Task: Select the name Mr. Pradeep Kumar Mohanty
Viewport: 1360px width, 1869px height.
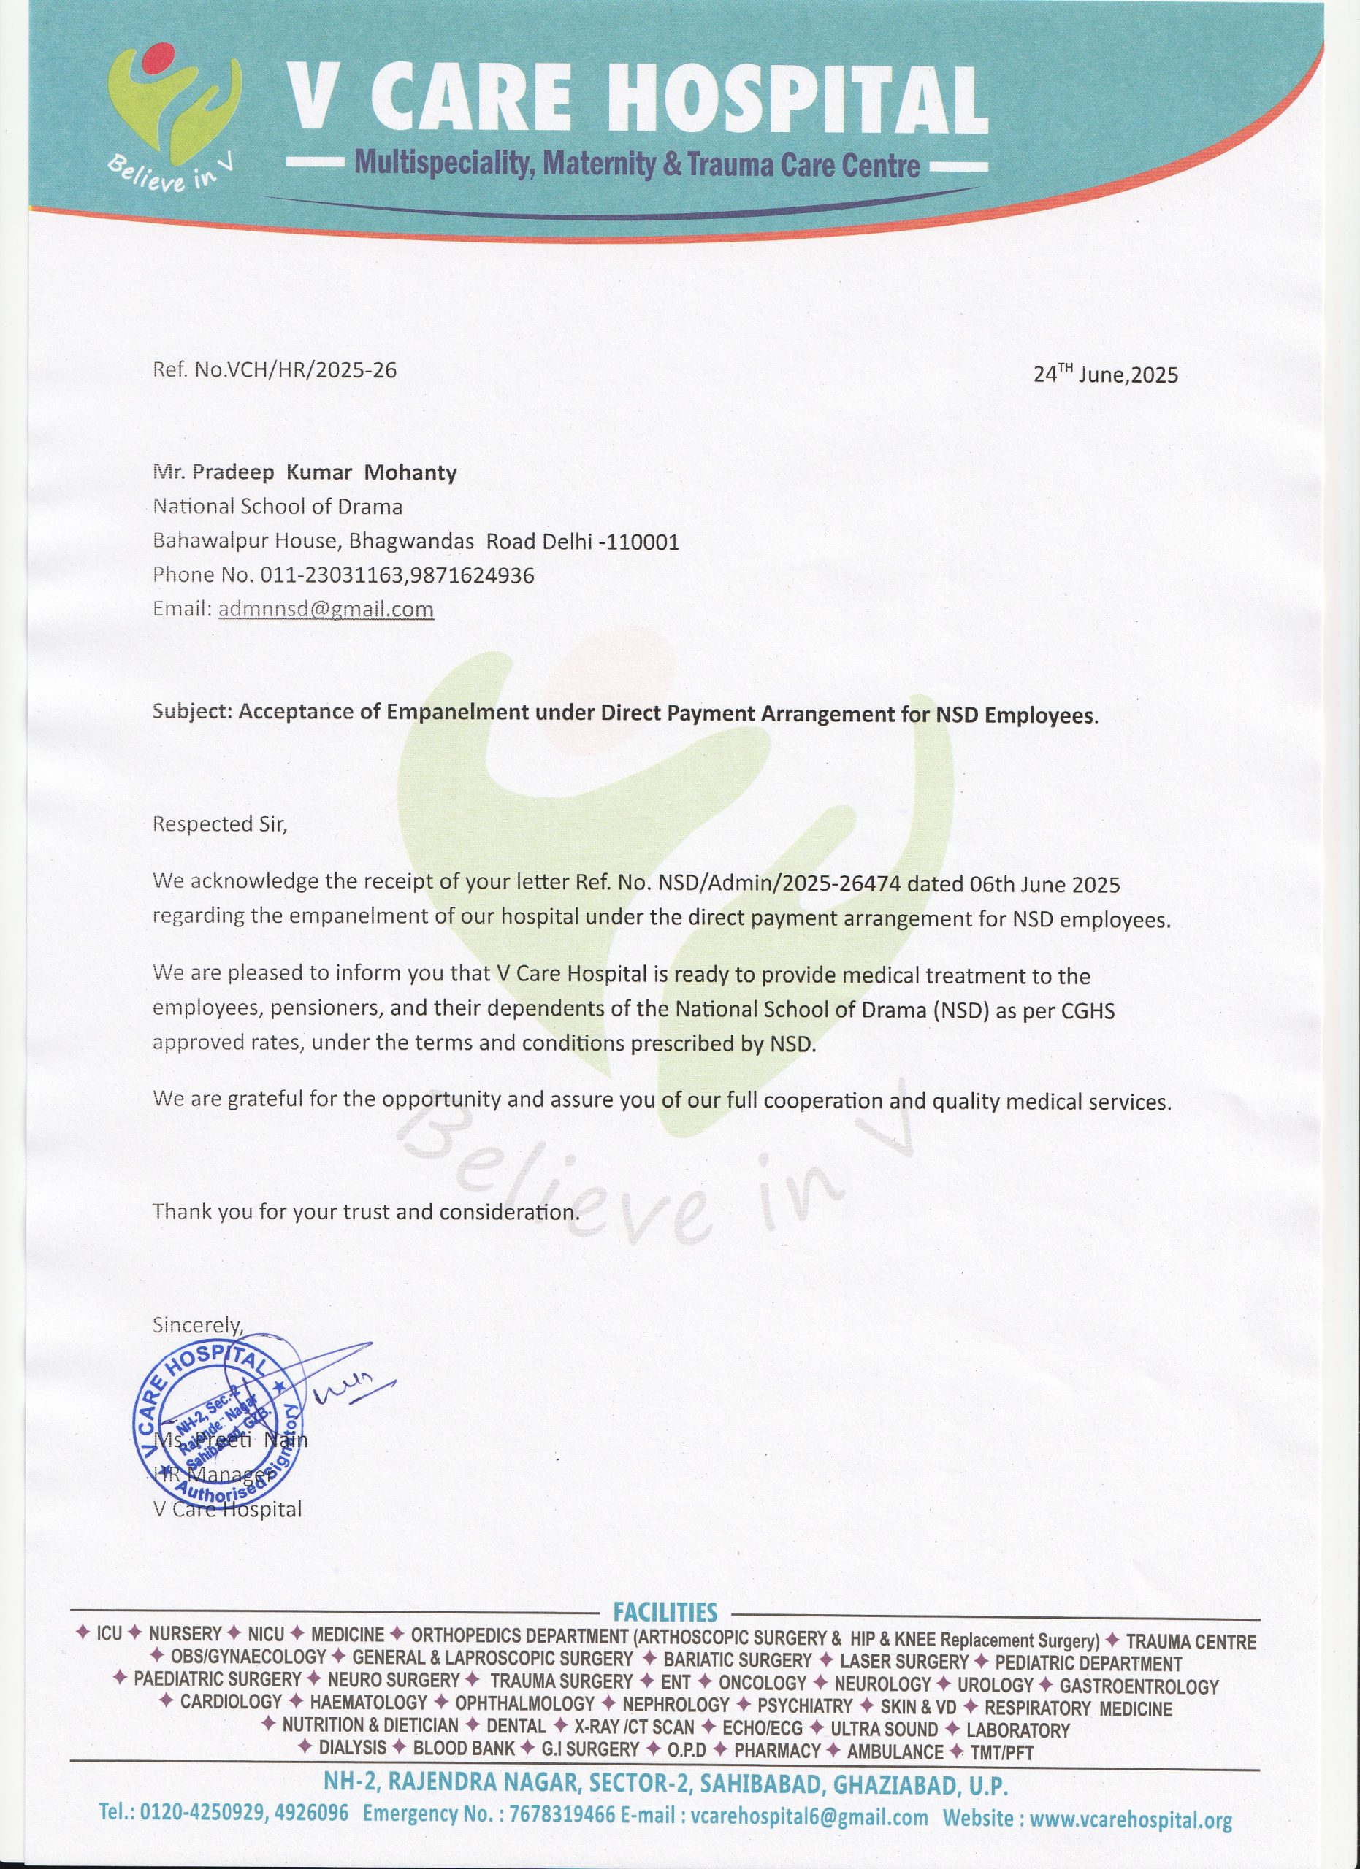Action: (x=305, y=472)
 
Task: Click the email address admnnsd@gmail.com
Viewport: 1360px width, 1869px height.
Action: (x=326, y=609)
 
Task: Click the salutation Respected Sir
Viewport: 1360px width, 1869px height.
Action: (x=220, y=824)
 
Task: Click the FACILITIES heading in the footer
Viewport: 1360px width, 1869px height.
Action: (x=665, y=1612)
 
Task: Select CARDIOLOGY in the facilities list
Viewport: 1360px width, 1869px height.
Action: (x=231, y=1702)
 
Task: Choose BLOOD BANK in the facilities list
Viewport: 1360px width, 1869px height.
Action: (x=463, y=1748)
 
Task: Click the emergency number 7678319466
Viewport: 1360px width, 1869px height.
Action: (x=562, y=1816)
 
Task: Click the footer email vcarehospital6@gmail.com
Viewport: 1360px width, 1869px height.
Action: (x=809, y=1816)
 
